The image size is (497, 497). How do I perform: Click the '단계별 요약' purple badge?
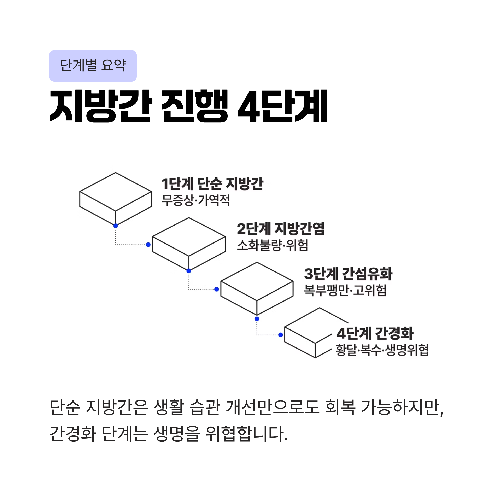(93, 66)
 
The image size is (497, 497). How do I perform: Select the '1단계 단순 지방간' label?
(212, 184)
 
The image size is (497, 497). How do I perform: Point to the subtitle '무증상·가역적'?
(195, 200)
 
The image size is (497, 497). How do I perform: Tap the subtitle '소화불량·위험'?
(272, 245)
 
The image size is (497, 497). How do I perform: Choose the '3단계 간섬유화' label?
(348, 274)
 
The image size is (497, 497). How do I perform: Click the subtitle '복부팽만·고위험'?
(345, 290)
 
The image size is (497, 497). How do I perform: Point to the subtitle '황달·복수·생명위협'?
(382, 350)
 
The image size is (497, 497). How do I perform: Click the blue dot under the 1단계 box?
(116, 226)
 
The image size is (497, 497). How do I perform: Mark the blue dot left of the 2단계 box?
(148, 245)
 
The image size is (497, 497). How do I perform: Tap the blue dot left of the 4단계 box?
(281, 335)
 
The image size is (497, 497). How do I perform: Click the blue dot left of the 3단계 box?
(217, 290)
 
